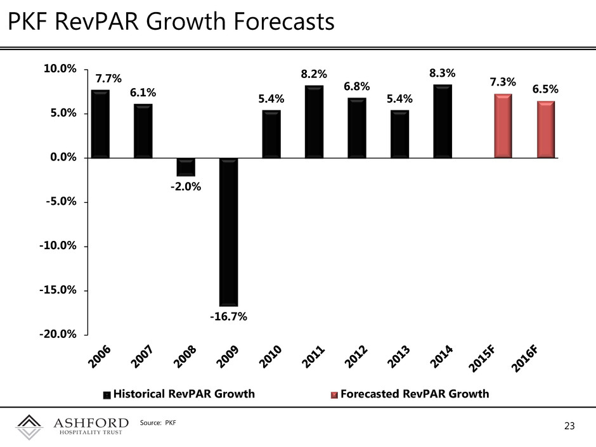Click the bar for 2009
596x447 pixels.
point(228,232)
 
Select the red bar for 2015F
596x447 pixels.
point(503,126)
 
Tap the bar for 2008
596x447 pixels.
point(186,167)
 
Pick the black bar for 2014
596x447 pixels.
point(443,121)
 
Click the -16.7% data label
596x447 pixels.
point(228,316)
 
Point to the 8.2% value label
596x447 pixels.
point(314,74)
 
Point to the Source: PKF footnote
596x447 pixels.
point(158,422)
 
